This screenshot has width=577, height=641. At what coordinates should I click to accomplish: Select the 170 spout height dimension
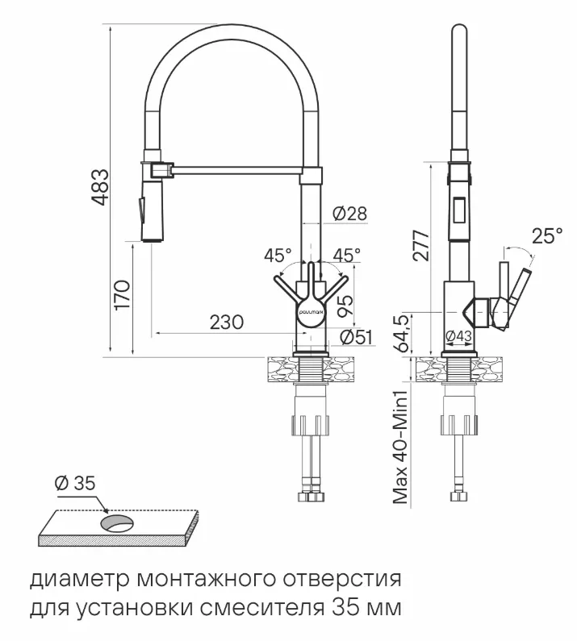click(x=122, y=296)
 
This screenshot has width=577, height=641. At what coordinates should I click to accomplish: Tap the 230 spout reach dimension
click(x=226, y=322)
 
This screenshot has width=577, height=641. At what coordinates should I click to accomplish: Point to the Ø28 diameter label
click(x=349, y=214)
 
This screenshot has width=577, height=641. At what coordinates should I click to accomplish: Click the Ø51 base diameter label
click(x=356, y=337)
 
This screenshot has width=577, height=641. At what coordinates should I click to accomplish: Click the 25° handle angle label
click(x=547, y=236)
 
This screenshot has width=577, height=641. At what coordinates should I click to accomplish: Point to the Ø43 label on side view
click(x=459, y=336)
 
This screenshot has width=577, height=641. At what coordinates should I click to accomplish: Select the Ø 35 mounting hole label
click(x=74, y=484)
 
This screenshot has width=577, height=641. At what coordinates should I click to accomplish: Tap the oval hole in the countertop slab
click(x=119, y=522)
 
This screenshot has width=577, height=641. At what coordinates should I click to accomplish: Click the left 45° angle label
click(x=278, y=256)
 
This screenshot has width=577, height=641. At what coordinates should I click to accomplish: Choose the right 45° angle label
click(x=347, y=256)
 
